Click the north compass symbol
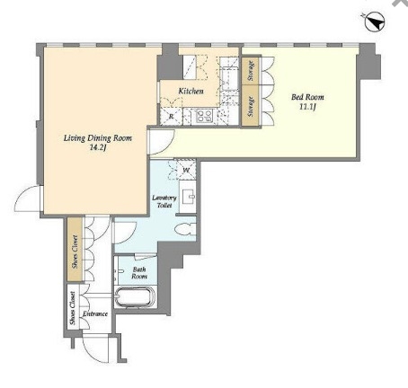pos(375,22)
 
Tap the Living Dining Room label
pos(98,138)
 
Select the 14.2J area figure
pos(98,147)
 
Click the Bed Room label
pos(307,97)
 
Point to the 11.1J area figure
pos(307,107)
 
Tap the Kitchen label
pos(191,91)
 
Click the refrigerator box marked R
pos(171,116)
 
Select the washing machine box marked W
pos(186,170)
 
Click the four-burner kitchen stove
pos(205,116)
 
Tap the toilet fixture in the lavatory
pos(185,230)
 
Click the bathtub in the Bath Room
pos(136,297)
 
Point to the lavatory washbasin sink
pos(188,197)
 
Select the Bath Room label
pos(139,273)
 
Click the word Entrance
pos(95,313)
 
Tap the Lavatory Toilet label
pos(164,201)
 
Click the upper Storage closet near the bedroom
pos(251,71)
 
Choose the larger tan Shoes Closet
pos(75,249)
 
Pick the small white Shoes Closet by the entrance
pos(73,306)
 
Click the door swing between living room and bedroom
pos(162,142)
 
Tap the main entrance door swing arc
pos(95,349)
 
